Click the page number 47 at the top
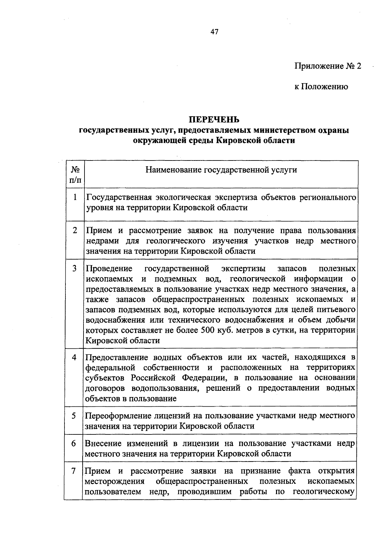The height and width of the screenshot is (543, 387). [x=214, y=32]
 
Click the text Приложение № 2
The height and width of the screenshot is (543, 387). [x=328, y=66]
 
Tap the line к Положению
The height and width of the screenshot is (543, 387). [x=321, y=86]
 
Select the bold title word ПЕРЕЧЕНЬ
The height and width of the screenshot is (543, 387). [x=214, y=120]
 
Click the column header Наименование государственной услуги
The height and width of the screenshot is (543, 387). [x=221, y=170]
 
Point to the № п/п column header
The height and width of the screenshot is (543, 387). [x=75, y=174]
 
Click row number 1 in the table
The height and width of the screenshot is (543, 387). [x=75, y=197]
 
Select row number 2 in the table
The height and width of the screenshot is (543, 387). [x=75, y=230]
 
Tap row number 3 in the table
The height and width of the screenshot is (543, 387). [x=75, y=268]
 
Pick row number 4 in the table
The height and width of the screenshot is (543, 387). [x=74, y=357]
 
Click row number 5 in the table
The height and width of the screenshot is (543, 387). [x=74, y=416]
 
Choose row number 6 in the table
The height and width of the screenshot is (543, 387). [x=74, y=443]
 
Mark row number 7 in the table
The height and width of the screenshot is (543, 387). [x=74, y=471]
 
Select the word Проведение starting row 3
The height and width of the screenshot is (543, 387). [x=109, y=268]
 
